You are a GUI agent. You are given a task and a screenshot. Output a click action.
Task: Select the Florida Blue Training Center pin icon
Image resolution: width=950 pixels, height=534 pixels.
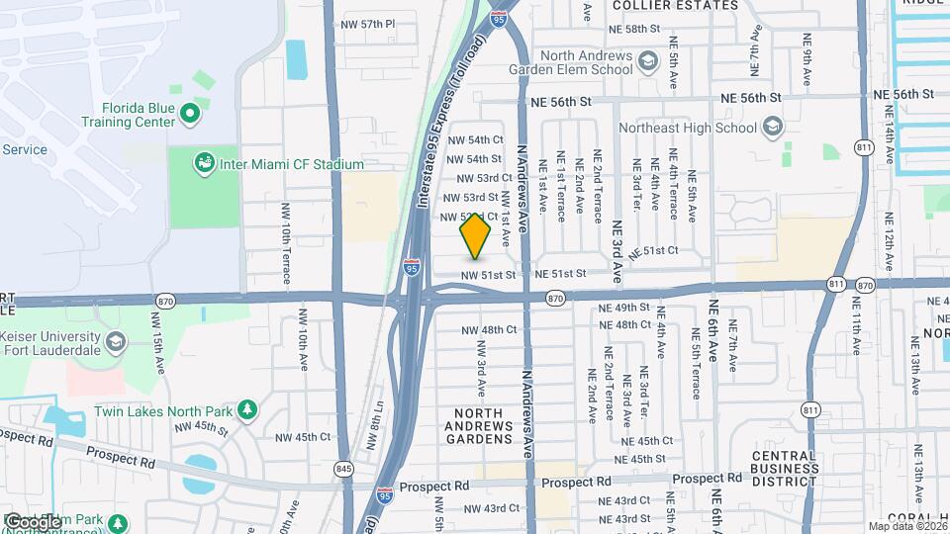[189, 118]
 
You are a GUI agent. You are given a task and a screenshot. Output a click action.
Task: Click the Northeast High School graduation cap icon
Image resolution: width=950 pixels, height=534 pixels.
[773, 127]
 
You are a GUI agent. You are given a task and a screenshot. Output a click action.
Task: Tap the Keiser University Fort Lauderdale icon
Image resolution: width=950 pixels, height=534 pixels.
[115, 343]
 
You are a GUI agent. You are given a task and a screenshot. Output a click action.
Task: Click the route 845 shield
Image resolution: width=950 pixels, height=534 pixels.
[343, 470]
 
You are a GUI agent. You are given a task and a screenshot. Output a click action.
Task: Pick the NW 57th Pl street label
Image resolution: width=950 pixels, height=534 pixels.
[366, 23]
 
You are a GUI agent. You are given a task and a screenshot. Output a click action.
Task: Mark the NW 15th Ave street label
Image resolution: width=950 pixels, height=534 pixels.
[158, 341]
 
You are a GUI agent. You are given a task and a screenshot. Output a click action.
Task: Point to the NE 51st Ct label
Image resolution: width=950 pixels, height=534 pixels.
[653, 251]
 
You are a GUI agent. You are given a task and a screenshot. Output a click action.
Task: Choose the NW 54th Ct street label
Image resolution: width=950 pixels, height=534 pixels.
[475, 140]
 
